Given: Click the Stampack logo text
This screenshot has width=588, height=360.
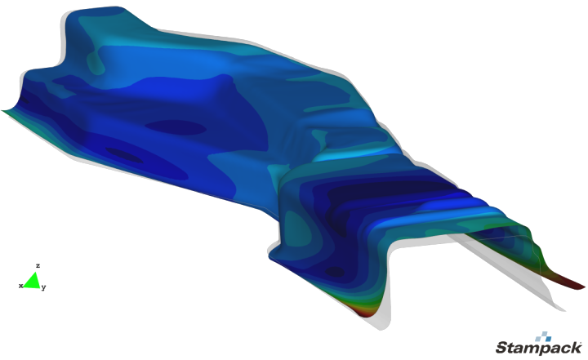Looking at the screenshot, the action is pos(538,348).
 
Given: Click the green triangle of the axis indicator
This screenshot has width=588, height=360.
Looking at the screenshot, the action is pos(33,281).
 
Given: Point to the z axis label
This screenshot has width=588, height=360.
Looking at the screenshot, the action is pos(38,265).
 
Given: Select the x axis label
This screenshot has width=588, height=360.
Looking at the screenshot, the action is pos(20,286).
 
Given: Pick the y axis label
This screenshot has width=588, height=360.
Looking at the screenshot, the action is pos(44,287).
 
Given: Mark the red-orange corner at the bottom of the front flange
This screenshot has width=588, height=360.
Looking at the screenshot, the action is pos(362,309).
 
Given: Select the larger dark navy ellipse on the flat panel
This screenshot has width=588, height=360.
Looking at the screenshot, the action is pos(176,127).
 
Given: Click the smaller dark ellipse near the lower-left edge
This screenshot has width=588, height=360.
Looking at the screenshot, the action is pos(124,155).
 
